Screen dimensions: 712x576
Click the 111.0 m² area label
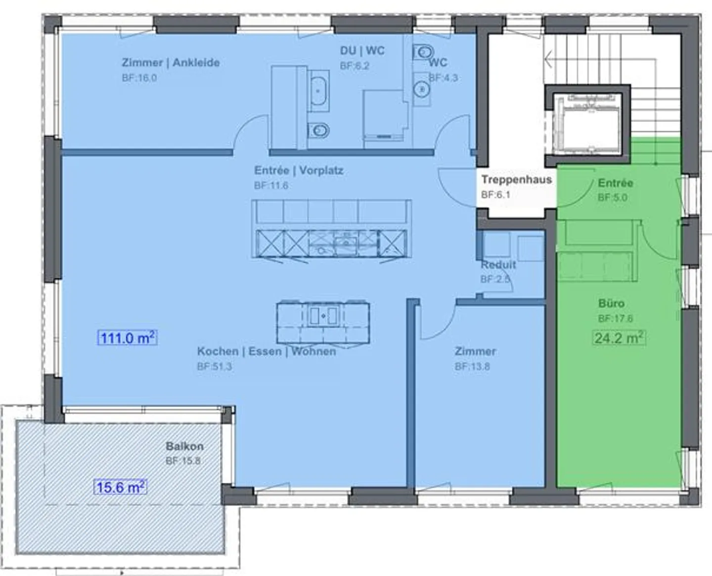pos(127,338)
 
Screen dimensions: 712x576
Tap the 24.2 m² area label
pos(619,338)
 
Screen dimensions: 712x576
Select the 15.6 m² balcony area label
pos(120,487)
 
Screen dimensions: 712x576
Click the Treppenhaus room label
pos(517,180)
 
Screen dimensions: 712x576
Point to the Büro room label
pos(612,303)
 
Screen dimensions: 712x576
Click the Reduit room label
pos(498,265)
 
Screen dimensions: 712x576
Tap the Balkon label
pos(184,446)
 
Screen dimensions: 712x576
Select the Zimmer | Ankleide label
pos(171,62)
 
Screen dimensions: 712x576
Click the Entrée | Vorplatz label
pos(299,170)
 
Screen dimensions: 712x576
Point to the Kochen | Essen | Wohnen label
pos(267,351)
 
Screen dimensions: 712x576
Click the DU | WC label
pos(362,50)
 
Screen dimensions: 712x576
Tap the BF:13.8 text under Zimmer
pos(472,366)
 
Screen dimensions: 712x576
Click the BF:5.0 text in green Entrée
pos(613,197)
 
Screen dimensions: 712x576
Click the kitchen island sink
pos(323,315)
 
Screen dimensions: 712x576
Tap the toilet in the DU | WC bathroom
pos(318,130)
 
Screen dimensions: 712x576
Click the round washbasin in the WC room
pos(422,89)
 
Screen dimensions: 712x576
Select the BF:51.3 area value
pos(214,366)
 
